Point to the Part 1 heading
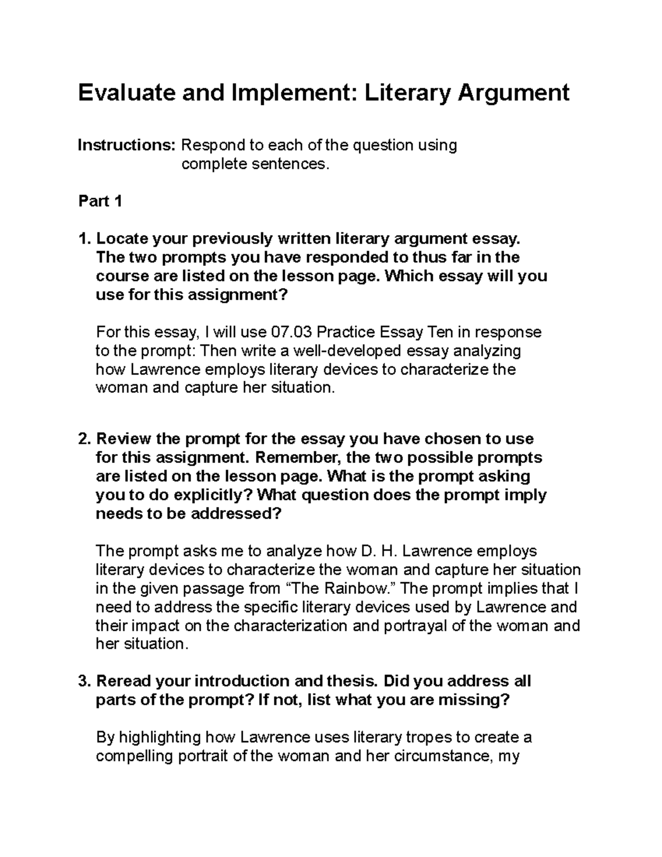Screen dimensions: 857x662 click(100, 201)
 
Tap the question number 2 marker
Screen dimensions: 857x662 click(84, 439)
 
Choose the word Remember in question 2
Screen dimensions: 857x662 click(299, 457)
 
